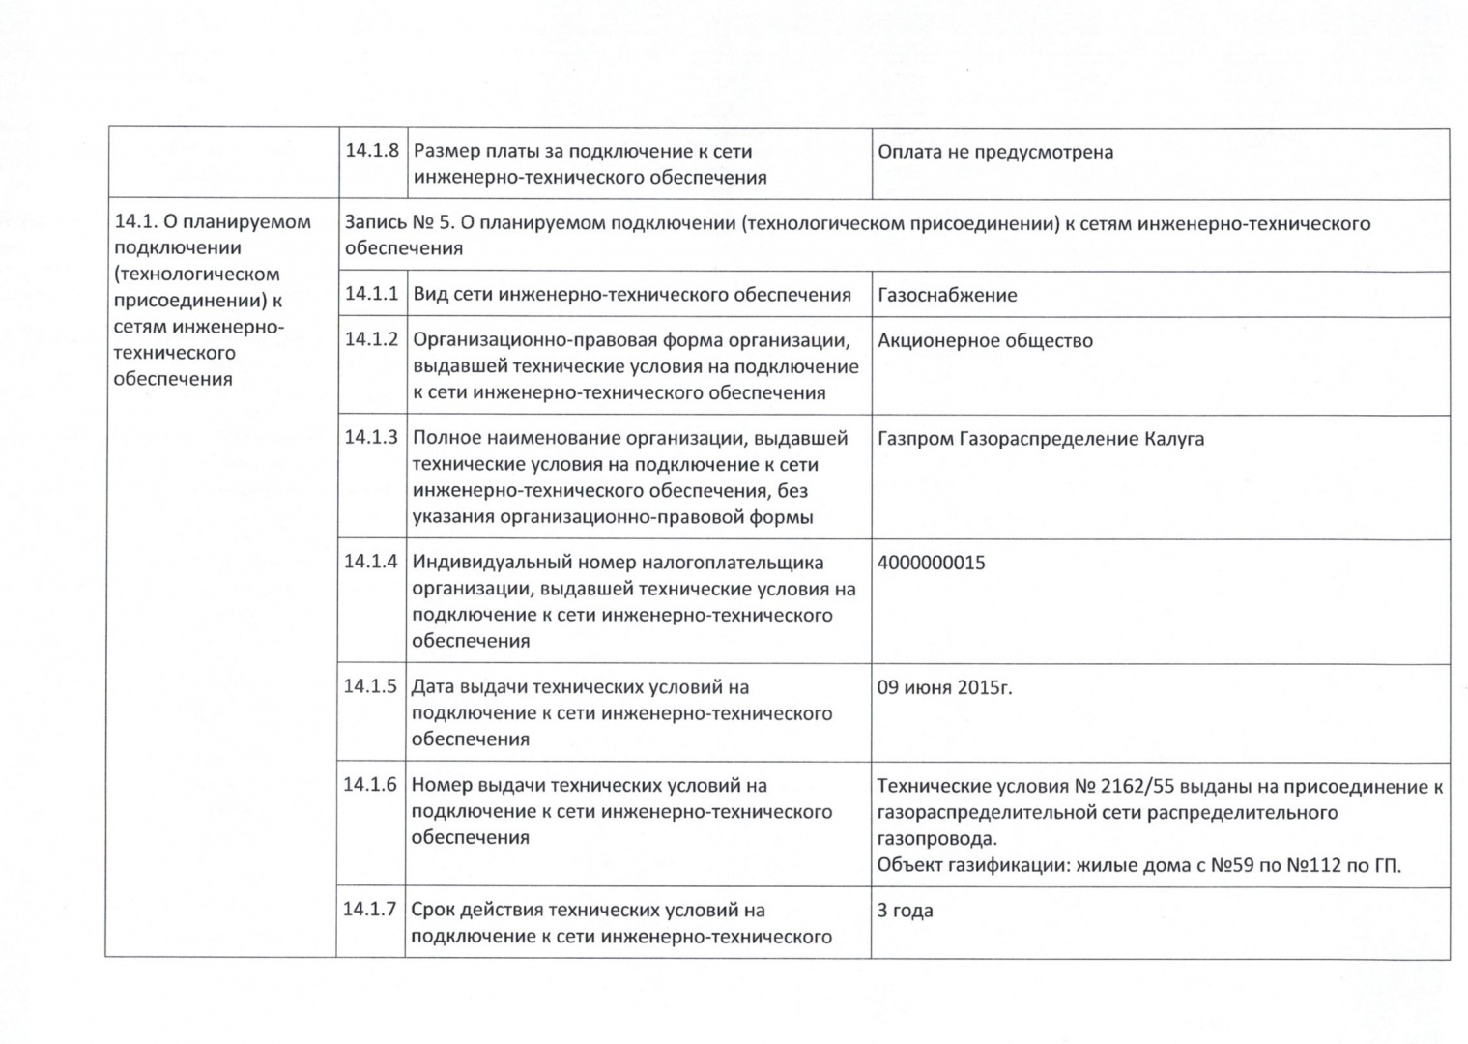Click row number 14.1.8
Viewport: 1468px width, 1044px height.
(372, 151)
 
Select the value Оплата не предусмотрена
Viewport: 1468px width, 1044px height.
(995, 152)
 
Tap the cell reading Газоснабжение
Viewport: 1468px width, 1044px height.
(947, 295)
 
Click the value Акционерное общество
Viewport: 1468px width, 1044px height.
(985, 340)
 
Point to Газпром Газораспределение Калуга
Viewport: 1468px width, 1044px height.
(1041, 439)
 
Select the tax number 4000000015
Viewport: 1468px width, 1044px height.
(931, 563)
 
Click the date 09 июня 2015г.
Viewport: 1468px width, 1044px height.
(944, 688)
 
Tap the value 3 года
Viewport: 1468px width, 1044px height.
(905, 911)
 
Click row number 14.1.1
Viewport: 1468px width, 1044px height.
(371, 293)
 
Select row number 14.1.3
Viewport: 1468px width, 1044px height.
(371, 437)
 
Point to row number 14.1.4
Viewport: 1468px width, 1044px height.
(370, 561)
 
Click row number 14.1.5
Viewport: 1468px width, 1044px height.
(370, 686)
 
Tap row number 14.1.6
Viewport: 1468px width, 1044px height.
(370, 784)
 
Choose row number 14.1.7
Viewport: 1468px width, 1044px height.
(370, 909)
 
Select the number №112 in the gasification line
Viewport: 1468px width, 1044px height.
(1314, 865)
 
